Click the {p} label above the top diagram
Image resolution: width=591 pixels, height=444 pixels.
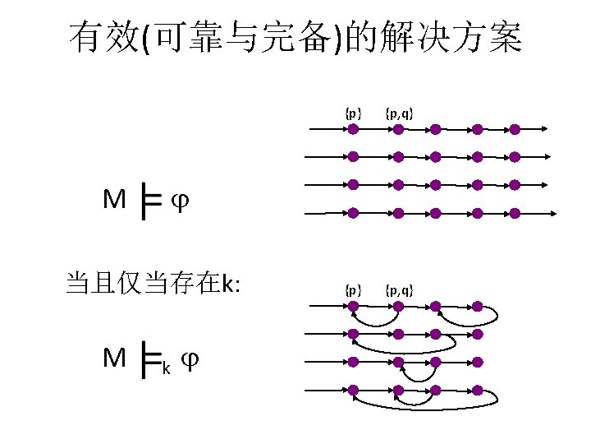pyautogui.click(x=353, y=113)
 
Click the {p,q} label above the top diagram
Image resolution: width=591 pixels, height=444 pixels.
pyautogui.click(x=399, y=113)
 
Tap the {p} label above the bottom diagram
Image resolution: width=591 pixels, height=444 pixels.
pyautogui.click(x=353, y=290)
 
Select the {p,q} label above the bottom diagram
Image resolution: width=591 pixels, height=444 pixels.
pyautogui.click(x=399, y=290)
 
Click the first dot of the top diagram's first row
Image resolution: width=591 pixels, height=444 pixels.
pyautogui.click(x=353, y=129)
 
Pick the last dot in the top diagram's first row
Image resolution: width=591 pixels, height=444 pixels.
pyautogui.click(x=515, y=129)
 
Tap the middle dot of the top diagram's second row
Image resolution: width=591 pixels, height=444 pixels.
pyautogui.click(x=436, y=156)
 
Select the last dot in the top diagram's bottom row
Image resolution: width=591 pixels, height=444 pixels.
pyautogui.click(x=515, y=213)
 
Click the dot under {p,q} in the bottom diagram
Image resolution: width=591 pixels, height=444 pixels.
pyautogui.click(x=397, y=307)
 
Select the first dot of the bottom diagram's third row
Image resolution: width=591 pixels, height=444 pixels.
pyautogui.click(x=353, y=361)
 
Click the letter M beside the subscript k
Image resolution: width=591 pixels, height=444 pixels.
pyautogui.click(x=114, y=358)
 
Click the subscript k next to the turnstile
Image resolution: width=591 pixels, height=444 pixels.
pyautogui.click(x=167, y=368)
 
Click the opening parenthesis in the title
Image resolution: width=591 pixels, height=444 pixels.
pyautogui.click(x=145, y=38)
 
